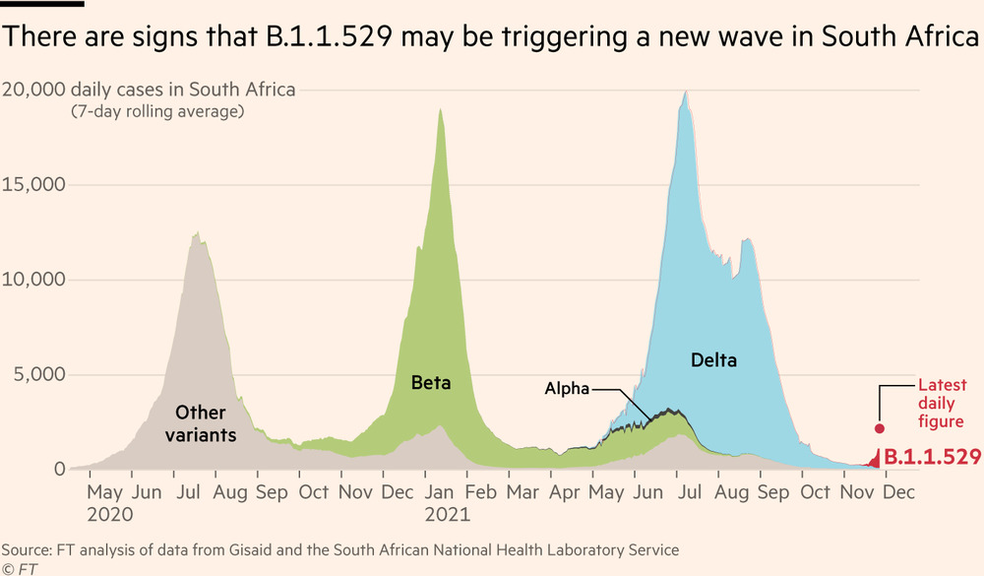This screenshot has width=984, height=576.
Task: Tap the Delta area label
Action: coord(713,360)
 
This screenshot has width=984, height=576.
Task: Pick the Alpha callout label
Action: coord(567,389)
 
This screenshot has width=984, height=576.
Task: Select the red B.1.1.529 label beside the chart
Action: coord(932,457)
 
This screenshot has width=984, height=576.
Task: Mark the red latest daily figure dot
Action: coord(880,428)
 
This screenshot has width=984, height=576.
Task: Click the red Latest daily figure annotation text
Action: coord(942,404)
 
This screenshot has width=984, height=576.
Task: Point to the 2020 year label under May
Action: coord(109,513)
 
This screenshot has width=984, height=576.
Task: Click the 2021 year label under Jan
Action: coord(447,513)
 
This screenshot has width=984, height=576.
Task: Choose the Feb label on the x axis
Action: coord(482,490)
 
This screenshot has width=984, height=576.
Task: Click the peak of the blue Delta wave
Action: coord(686,92)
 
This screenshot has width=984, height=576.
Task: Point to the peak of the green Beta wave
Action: coord(440,109)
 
